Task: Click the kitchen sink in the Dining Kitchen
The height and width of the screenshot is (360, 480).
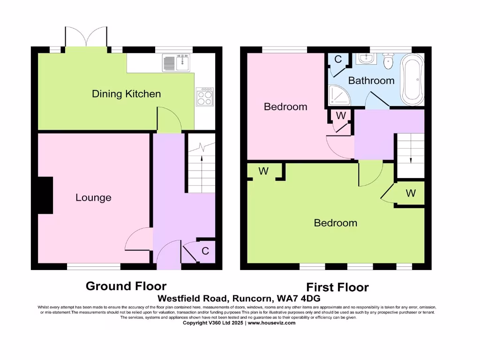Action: [175, 63]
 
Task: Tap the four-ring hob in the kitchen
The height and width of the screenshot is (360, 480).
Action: [204, 97]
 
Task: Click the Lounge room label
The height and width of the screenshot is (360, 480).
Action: [93, 198]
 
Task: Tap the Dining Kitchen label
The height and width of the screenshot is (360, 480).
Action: [126, 94]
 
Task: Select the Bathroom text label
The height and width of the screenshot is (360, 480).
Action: [371, 81]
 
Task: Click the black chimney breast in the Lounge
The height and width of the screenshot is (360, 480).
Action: [45, 196]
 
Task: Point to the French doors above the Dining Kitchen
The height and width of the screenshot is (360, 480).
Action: [86, 37]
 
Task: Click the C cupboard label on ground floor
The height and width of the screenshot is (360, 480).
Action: [205, 251]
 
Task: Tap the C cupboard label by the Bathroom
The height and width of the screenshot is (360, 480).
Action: [337, 60]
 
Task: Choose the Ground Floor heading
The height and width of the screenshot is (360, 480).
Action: [126, 286]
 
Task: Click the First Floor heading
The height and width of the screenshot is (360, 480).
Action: [337, 287]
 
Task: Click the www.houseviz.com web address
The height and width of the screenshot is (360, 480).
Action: [271, 322]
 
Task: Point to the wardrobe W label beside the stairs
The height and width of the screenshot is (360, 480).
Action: [411, 193]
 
